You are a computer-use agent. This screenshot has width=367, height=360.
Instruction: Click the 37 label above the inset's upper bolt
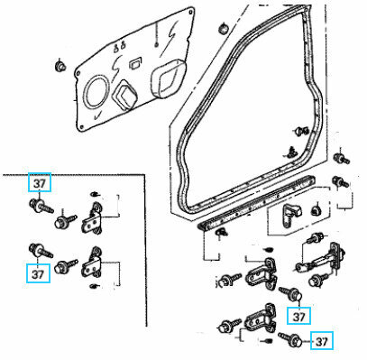click(39, 183)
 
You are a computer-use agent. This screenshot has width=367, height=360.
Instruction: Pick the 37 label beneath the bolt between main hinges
click(298, 315)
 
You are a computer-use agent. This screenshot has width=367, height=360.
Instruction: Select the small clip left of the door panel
click(59, 66)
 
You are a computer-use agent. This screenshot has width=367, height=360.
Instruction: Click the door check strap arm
click(321, 268)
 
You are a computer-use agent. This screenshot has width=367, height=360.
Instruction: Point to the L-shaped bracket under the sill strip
click(291, 213)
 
